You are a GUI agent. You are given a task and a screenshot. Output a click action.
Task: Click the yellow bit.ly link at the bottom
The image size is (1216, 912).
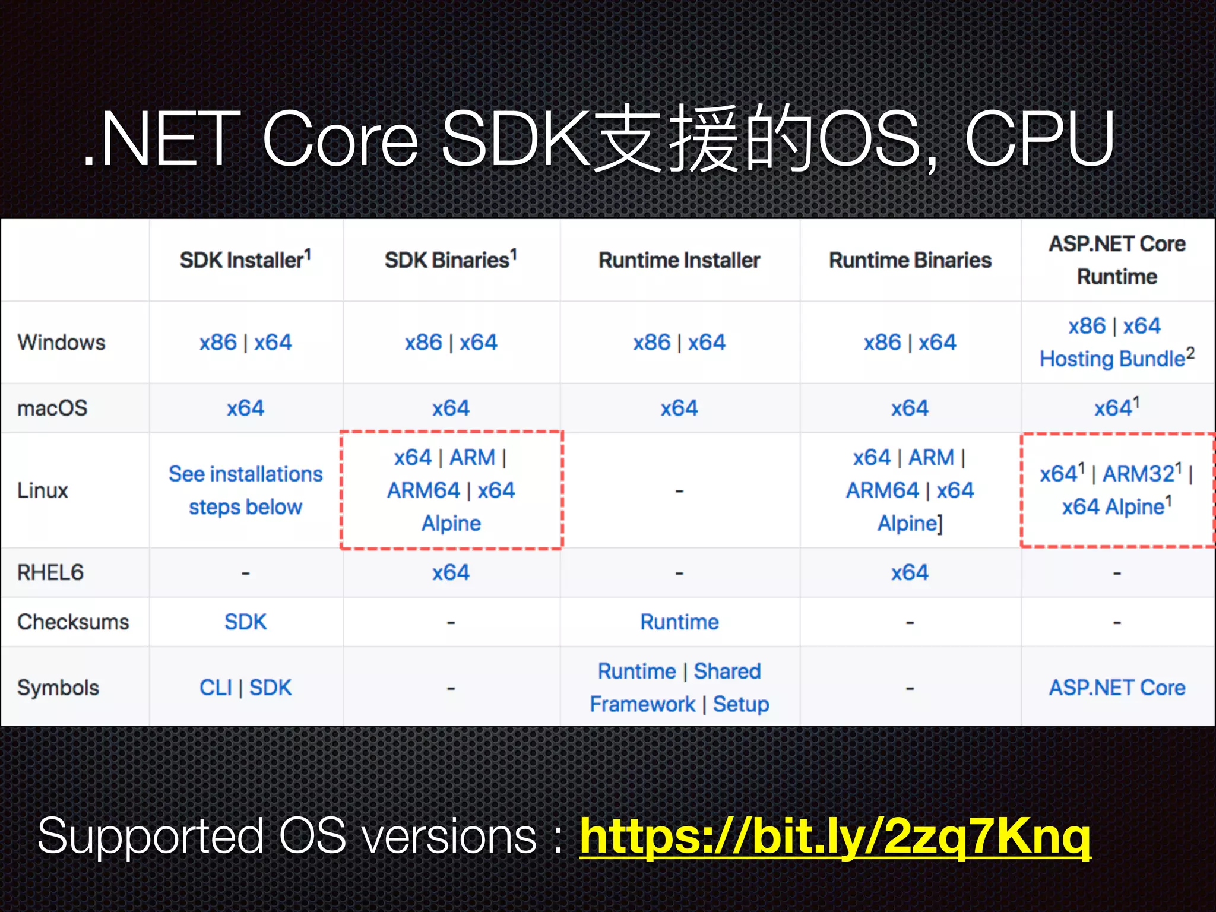[x=835, y=836]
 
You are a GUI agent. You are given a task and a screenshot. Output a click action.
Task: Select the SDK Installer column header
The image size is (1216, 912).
[x=245, y=260]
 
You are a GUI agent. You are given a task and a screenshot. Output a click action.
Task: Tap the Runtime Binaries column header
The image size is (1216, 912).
[x=910, y=260]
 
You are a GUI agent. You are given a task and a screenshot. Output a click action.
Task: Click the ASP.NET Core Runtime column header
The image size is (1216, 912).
[x=1117, y=260]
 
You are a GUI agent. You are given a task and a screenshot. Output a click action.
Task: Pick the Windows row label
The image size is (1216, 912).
[x=61, y=343]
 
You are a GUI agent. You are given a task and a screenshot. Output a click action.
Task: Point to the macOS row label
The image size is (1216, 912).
[x=52, y=408]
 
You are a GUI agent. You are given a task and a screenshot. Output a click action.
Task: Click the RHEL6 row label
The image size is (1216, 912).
[x=50, y=573]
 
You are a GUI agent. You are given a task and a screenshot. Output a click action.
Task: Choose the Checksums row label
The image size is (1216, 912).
[x=73, y=622]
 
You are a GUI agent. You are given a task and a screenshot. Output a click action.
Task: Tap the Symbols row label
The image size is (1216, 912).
[x=58, y=688]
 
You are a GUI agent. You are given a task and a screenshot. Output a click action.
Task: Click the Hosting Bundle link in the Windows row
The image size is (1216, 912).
[x=1112, y=359]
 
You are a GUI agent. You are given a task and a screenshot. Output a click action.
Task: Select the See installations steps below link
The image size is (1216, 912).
[x=245, y=490]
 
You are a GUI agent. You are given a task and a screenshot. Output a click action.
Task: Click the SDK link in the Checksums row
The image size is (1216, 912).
[x=245, y=622]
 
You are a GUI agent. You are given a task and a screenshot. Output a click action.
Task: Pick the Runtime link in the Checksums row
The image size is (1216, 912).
[x=679, y=622]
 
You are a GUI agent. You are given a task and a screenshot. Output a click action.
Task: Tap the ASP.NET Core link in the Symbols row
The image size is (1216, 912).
[x=1117, y=688]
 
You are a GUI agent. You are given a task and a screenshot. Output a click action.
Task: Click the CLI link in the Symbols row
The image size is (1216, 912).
[x=216, y=688]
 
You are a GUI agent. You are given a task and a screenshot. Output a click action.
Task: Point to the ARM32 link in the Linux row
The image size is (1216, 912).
[x=1138, y=474]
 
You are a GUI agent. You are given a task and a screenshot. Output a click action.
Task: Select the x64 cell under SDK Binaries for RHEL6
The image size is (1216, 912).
[x=451, y=573]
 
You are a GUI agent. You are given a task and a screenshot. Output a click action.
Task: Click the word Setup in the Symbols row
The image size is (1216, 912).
[x=741, y=705]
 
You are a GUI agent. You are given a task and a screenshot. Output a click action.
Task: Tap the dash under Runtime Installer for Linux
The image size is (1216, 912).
[x=679, y=491]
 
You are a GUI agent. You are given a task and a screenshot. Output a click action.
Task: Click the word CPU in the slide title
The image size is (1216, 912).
[x=1039, y=140]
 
